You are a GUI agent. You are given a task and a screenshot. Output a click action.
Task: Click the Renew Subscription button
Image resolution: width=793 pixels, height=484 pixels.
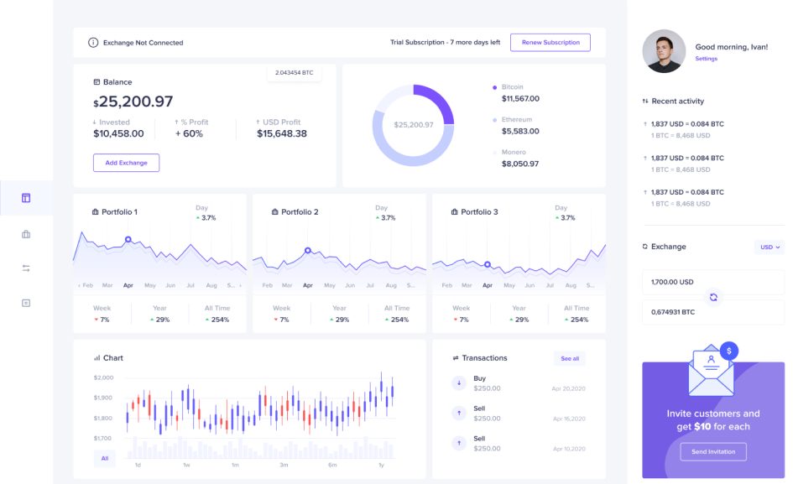550,43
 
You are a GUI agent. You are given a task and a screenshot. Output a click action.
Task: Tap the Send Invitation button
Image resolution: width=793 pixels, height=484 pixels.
712,451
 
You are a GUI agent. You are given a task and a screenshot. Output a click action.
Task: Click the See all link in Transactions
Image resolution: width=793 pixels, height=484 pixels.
570,358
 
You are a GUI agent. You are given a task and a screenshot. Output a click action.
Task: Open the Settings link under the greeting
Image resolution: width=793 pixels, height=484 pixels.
706,59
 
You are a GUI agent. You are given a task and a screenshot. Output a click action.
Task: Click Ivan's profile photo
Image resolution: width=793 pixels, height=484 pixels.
664,51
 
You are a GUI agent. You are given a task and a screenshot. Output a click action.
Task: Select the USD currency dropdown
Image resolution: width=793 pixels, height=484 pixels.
770,247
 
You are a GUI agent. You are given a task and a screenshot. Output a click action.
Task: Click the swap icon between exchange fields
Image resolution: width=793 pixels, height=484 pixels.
713,297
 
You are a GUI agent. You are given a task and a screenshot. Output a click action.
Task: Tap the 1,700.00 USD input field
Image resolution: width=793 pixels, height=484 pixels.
712,282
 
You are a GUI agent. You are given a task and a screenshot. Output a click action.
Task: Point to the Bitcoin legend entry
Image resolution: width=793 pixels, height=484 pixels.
512,87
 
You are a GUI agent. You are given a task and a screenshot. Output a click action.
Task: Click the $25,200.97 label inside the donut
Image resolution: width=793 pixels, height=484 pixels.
414,125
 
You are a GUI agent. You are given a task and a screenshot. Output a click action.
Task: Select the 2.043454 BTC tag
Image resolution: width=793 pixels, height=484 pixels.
294,73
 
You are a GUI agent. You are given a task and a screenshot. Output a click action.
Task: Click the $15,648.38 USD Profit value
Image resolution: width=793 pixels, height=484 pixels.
282,133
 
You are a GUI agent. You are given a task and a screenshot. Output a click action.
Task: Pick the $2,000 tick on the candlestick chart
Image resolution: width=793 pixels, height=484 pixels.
103,378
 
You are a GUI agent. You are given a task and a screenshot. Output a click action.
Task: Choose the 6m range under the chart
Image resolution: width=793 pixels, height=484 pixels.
332,465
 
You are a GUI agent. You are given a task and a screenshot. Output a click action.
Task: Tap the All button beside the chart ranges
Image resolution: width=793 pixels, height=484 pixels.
105,458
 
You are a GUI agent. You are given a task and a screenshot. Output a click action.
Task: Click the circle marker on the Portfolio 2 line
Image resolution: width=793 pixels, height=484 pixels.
308,250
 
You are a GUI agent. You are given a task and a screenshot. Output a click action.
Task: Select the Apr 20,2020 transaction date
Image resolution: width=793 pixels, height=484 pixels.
568,389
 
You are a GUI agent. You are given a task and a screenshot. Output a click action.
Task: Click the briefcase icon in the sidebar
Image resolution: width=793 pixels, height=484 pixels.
26,234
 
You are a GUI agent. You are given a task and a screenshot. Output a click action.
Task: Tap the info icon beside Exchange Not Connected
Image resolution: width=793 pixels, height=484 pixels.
93,43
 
